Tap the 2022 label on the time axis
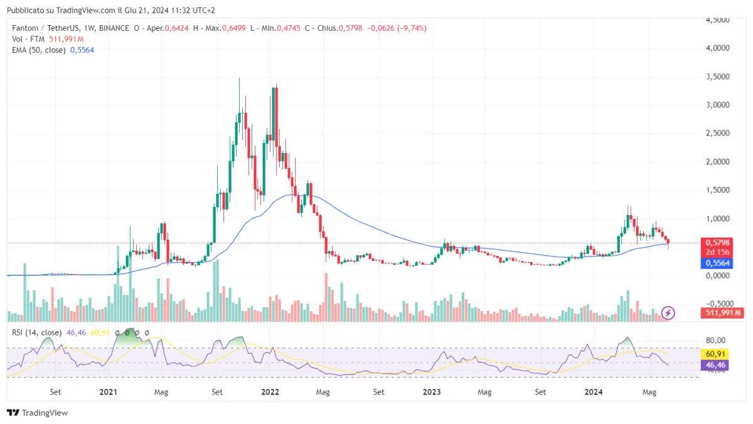coord(270,392)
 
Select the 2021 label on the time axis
coord(109,392)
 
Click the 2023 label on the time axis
coord(432,392)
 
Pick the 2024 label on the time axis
coord(594,392)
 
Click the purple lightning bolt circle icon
coord(669,312)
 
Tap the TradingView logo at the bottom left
coord(37,413)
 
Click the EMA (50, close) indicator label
coord(39,50)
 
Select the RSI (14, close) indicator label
coord(37,332)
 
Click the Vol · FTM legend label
coord(29,39)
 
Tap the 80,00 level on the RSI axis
coord(715,341)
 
